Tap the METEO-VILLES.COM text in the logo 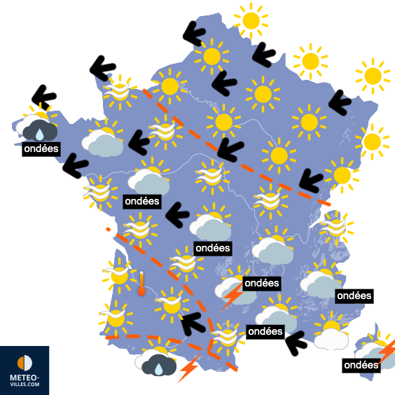click(25, 380)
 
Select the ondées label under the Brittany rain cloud click(41, 148)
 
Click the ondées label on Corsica click(361, 365)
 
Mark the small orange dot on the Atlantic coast click(107, 230)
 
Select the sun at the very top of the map click(250, 20)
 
